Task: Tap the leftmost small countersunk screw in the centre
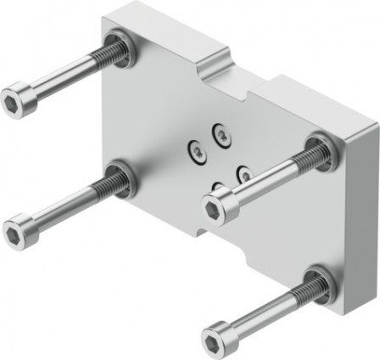[195, 151]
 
